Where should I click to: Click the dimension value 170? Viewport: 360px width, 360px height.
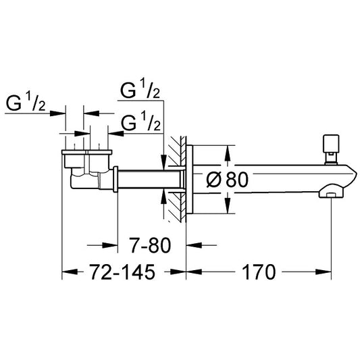tap(259, 272)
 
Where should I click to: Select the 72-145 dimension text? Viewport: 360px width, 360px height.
tap(122, 272)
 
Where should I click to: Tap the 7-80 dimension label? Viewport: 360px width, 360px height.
tap(150, 245)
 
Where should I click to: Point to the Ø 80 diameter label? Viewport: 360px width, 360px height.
tap(228, 179)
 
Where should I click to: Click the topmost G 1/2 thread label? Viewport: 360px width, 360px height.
tap(140, 90)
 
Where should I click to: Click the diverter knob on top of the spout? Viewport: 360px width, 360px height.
tap(331, 149)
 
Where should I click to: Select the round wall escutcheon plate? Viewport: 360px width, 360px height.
tap(190, 179)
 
